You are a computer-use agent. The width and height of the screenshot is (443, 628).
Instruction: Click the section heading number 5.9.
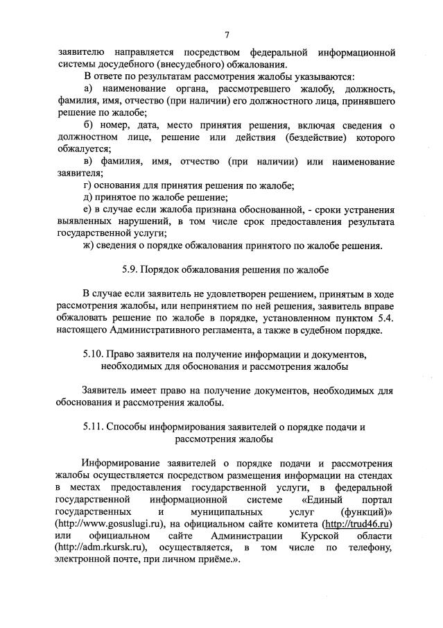(122, 267)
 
